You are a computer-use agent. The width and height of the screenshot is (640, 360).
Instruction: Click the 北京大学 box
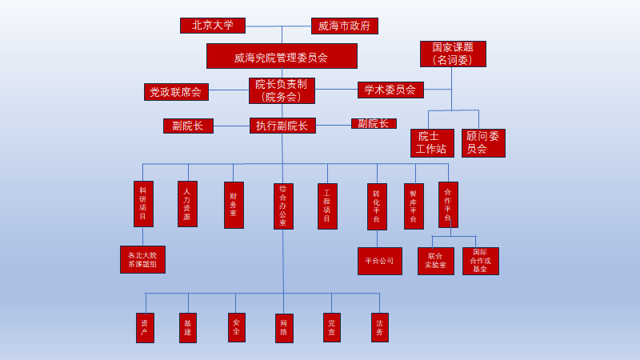pyautogui.click(x=213, y=26)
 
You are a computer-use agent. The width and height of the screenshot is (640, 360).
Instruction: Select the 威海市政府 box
pyautogui.click(x=344, y=26)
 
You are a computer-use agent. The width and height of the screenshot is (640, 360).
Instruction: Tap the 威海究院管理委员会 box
pyautogui.click(x=282, y=56)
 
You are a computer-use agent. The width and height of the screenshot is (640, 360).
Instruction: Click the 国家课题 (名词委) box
pyautogui.click(x=453, y=54)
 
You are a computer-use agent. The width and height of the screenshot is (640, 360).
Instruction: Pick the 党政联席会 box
pyautogui.click(x=176, y=92)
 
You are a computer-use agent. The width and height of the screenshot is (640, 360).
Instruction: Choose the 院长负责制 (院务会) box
pyautogui.click(x=282, y=90)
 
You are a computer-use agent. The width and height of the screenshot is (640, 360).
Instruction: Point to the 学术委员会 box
pyautogui.click(x=390, y=90)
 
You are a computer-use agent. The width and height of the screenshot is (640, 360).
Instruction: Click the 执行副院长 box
pyautogui.click(x=282, y=126)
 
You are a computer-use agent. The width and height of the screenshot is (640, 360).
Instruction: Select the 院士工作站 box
pyautogui.click(x=432, y=143)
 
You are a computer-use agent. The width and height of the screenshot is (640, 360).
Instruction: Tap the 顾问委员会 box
pyautogui.click(x=483, y=143)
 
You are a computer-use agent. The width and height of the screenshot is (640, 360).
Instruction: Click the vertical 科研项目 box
pyautogui.click(x=143, y=204)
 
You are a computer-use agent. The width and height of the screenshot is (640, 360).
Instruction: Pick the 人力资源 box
pyautogui.click(x=187, y=204)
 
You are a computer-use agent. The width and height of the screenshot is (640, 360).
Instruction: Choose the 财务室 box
pyautogui.click(x=234, y=205)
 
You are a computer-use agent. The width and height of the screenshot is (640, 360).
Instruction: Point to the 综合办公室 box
pyautogui.click(x=283, y=206)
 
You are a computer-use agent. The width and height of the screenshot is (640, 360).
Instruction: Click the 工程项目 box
pyautogui.click(x=327, y=206)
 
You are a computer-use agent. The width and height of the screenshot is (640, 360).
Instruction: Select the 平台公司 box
pyautogui.click(x=379, y=261)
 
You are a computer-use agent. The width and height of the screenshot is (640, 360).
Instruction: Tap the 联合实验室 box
pyautogui.click(x=435, y=261)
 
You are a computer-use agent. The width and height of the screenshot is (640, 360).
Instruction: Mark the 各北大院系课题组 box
pyautogui.click(x=142, y=259)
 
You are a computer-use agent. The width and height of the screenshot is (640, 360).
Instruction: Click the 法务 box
pyautogui.click(x=380, y=327)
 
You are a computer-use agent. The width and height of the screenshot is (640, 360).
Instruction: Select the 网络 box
pyautogui.click(x=284, y=328)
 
